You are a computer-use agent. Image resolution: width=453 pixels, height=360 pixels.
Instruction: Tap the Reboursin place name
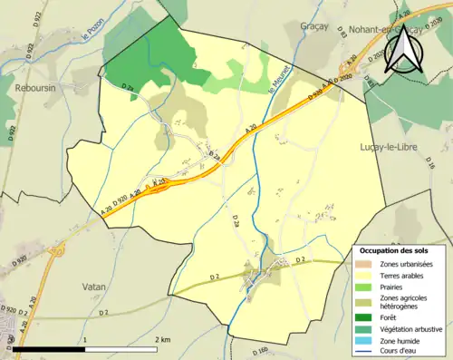pos(36,87)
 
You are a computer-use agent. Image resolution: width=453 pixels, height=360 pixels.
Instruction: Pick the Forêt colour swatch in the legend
pos(364,317)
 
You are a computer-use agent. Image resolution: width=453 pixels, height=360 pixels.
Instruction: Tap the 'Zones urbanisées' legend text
pos(406,264)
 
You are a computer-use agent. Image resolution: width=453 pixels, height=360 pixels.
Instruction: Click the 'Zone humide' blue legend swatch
pos(364,339)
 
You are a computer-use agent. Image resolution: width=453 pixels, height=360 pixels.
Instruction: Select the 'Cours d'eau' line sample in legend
pos(364,350)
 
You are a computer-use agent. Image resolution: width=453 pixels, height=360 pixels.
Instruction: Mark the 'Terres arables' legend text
pos(402,274)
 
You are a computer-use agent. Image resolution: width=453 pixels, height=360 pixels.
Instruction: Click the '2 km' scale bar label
pos(164,339)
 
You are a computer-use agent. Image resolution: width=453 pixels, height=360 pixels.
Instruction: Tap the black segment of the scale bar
pos(49,348)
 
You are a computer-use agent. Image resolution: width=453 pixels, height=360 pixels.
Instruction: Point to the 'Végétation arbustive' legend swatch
pos(364,328)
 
